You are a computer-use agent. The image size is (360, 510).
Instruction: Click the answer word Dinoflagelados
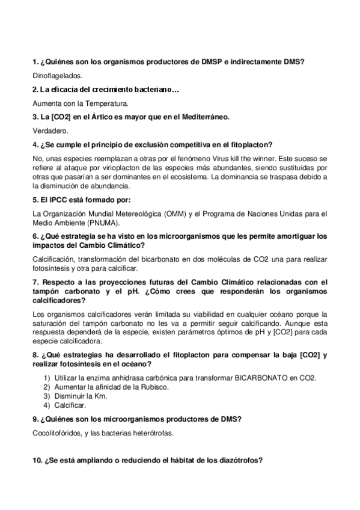(56, 76)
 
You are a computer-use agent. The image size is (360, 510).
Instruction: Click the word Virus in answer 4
(235, 158)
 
